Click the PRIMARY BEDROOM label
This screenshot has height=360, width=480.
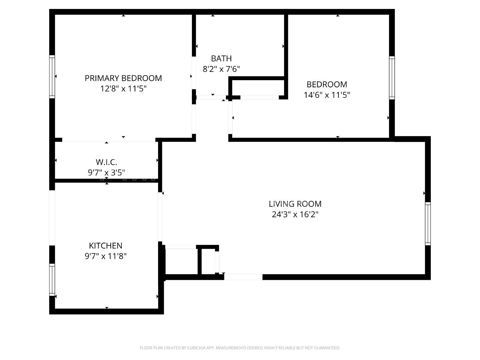click(123, 78)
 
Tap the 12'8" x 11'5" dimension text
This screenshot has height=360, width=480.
click(123, 89)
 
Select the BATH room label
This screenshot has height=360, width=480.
click(221, 58)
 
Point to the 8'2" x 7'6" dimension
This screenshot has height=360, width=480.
click(221, 69)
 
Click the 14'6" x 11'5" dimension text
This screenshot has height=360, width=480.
click(327, 95)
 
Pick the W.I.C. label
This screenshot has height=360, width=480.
click(106, 162)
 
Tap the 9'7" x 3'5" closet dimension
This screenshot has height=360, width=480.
click(106, 172)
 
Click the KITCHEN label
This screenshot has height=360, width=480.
click(106, 245)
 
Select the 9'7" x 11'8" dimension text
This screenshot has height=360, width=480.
click(106, 256)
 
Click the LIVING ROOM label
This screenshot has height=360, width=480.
click(295, 204)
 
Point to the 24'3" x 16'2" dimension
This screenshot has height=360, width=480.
click(295, 214)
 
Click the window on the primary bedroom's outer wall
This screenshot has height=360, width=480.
click(52, 77)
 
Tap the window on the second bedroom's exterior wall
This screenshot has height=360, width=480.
click(392, 77)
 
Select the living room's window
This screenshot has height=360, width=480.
click(428, 223)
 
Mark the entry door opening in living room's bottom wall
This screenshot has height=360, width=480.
click(243, 277)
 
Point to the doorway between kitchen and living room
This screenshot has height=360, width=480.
click(160, 217)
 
